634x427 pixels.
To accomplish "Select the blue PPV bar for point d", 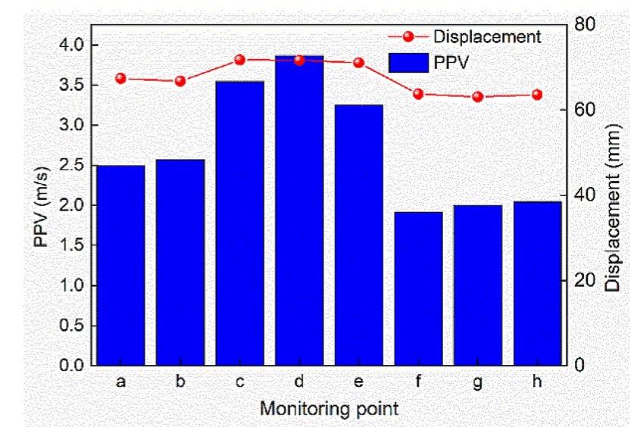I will tap(298, 212).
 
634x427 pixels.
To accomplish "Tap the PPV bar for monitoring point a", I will tap(120, 265).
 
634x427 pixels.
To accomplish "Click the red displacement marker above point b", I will tap(180, 81).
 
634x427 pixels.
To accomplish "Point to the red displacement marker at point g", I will tap(477, 97).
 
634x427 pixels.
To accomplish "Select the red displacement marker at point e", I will tap(358, 63).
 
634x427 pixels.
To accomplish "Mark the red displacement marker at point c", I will tap(239, 60).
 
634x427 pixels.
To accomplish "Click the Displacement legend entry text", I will tap(487, 36).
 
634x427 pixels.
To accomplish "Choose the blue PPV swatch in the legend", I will tap(408, 63).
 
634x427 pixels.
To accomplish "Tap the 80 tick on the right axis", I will tap(582, 24).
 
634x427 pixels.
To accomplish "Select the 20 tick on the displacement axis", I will tap(582, 280).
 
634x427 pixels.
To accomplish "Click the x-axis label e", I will tap(358, 382).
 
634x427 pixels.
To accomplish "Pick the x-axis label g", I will tap(477, 383).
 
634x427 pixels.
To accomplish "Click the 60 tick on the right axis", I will tap(582, 110).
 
